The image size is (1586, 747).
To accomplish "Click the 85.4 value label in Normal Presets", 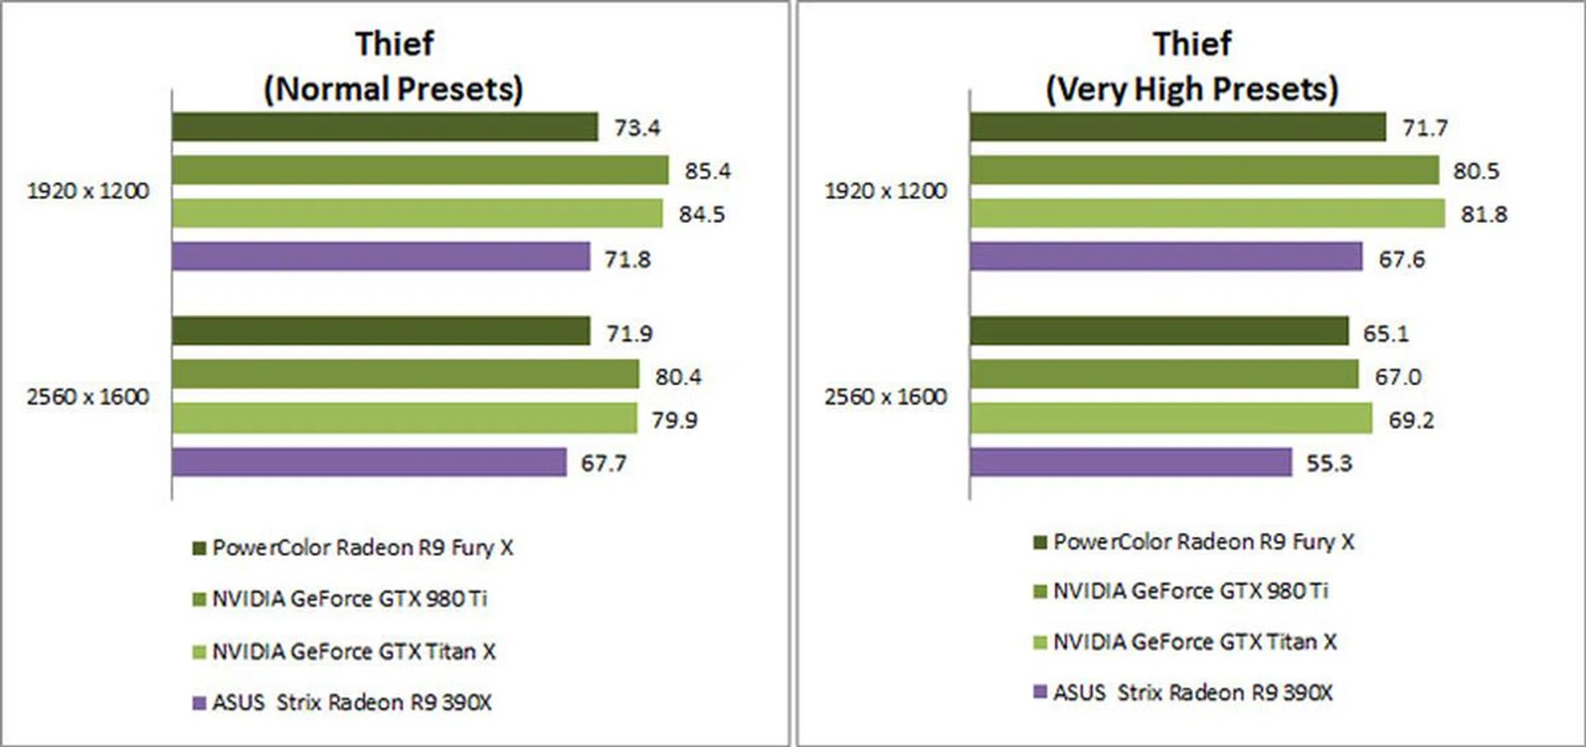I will pos(707,171).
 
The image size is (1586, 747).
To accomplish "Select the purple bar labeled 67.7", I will pos(369,462).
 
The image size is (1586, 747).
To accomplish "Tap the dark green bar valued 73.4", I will pos(384,127).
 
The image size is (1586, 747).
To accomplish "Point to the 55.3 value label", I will pos(1328,463).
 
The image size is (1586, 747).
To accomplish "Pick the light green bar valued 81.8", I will pos(1207,213).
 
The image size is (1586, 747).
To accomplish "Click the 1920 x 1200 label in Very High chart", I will pos(886,191).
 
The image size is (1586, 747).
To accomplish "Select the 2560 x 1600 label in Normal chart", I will pos(88,397).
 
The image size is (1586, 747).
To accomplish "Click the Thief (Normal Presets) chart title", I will pos(394,66).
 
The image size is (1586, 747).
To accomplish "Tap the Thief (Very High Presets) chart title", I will pos(1192,66).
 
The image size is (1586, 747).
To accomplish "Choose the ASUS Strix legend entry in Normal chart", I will pos(351,702).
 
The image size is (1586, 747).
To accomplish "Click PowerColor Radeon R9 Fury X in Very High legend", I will pos(1203,542).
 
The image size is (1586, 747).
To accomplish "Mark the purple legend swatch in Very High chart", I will pos(1040,692).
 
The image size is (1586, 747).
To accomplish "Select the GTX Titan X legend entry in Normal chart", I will pos(353,652).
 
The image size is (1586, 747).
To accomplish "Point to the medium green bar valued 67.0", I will pos(1163,374).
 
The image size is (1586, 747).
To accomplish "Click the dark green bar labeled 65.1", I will pos(1158,331).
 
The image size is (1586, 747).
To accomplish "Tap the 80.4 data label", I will pos(677,377).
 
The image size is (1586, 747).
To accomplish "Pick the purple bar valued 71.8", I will pos(381,256).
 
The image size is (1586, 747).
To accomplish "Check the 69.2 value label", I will pos(1411,420).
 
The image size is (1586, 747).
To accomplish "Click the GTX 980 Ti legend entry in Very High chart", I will pos(1189,592).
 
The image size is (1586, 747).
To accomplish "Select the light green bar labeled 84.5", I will pos(416,213).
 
